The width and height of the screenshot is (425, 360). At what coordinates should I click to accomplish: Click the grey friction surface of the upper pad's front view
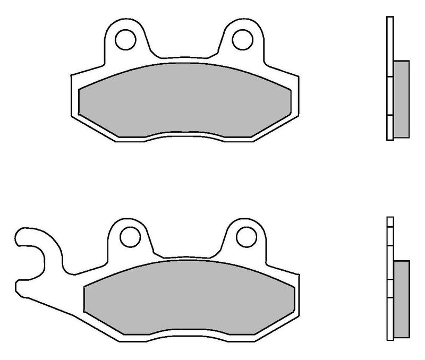coord(184,98)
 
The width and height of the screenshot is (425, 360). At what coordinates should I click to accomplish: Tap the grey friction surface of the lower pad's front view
coord(189,297)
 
